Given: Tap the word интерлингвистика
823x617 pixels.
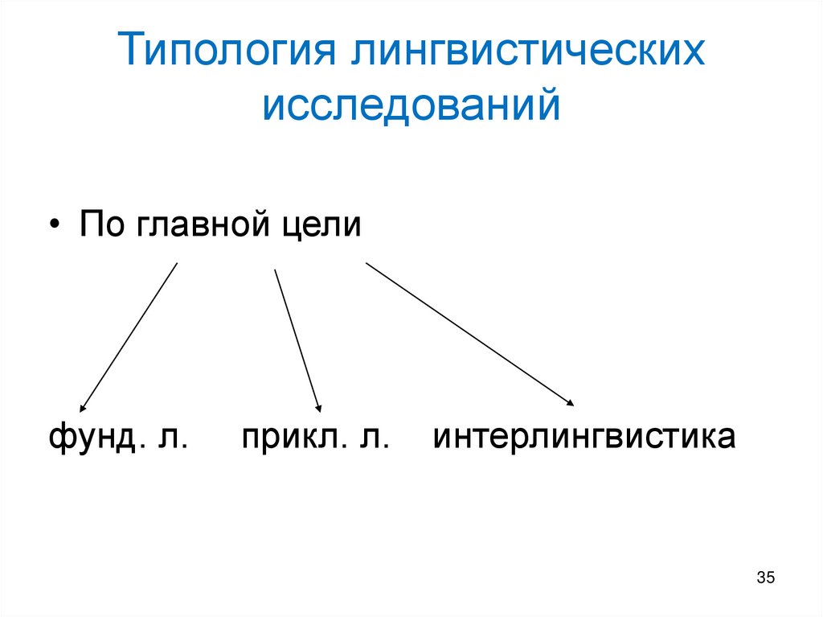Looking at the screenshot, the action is point(584,439).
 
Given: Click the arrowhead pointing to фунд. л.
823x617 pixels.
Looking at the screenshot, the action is point(83,407).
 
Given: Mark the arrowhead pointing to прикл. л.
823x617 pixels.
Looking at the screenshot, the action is point(318,408).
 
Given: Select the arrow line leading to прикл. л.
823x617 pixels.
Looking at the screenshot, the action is point(297,338).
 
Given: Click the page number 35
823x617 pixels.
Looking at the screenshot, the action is point(764,578).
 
